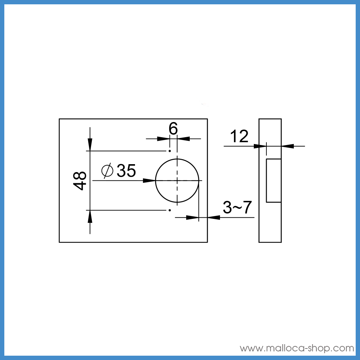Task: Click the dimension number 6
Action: (174, 129)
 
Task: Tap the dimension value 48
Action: (80, 180)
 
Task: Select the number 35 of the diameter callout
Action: (126, 171)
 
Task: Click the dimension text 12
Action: (239, 137)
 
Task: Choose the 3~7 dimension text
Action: (237, 208)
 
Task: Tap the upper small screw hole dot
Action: (169, 151)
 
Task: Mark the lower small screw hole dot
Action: (169, 209)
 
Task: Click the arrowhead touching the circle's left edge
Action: (149, 180)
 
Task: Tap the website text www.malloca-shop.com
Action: (297, 348)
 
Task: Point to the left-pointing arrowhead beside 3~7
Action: (214, 217)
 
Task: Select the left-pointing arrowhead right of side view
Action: (288, 146)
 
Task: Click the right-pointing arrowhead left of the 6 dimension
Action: (164, 138)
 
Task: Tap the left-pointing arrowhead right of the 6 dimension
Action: (183, 138)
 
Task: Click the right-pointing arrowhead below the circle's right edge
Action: (193, 217)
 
